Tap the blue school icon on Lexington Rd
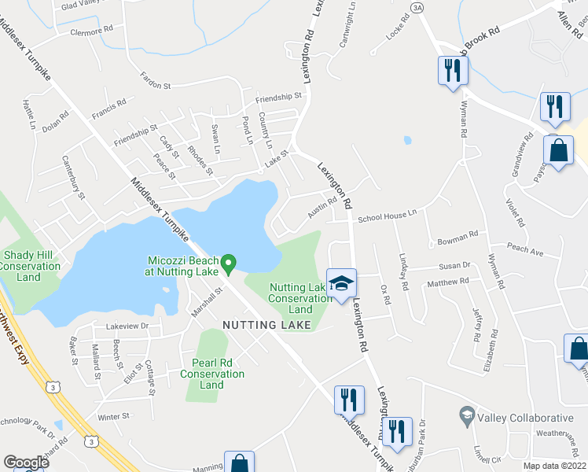click(x=342, y=284)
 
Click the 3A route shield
click(x=417, y=7)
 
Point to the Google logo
click(x=26, y=463)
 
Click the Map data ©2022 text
click(x=553, y=466)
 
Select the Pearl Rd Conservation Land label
click(x=212, y=374)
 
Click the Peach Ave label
click(x=526, y=252)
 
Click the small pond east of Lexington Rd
click(x=406, y=141)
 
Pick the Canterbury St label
click(x=73, y=174)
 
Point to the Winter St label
click(x=113, y=416)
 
